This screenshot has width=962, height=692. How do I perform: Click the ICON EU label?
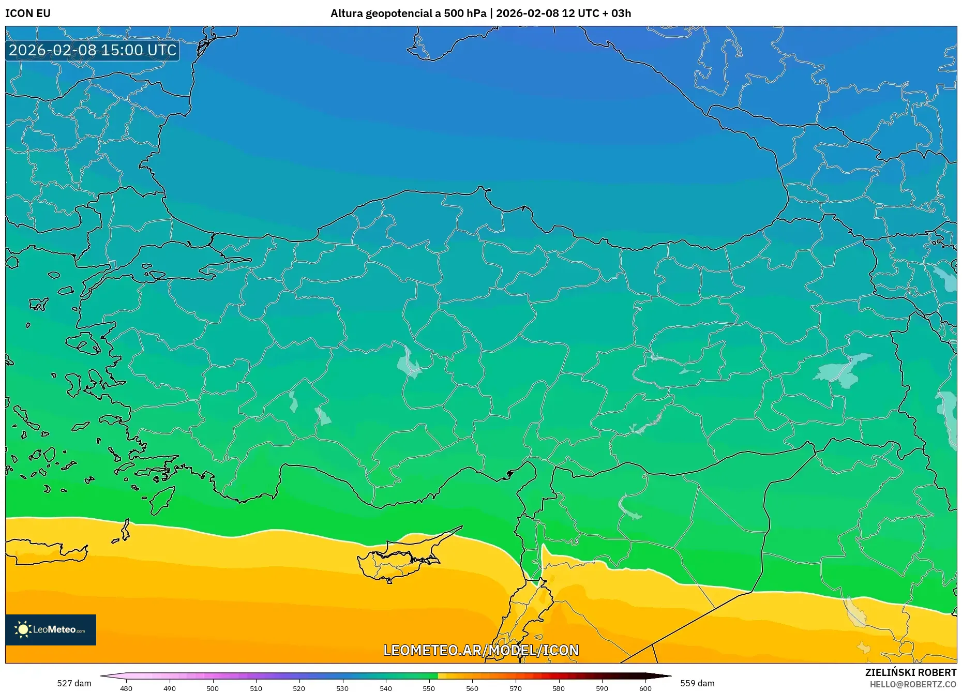pos(28,13)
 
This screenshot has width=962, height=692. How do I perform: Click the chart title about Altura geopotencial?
pos(480,13)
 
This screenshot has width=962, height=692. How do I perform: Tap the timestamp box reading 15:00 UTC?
pos(93,50)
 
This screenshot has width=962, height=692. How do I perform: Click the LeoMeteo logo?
pos(51,629)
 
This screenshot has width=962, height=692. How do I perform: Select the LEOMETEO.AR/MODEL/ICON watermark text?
pos(481,650)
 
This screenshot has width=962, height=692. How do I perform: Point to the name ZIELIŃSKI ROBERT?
pos(910,672)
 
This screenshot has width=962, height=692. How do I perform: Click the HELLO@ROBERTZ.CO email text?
pos(913,684)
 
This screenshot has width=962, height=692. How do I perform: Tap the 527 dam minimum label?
pos(74,683)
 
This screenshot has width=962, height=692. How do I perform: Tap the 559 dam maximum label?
pos(697,683)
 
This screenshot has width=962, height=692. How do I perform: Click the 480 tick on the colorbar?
pos(126,688)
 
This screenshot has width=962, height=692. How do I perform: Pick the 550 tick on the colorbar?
pos(429,688)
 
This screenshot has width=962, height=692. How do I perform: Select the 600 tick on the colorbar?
pos(645,688)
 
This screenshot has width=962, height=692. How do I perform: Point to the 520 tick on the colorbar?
pos(299,688)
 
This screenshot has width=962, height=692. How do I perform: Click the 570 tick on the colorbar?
pos(515,688)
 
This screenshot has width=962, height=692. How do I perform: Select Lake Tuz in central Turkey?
pos(409,364)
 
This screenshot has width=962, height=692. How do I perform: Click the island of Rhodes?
pos(162,499)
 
